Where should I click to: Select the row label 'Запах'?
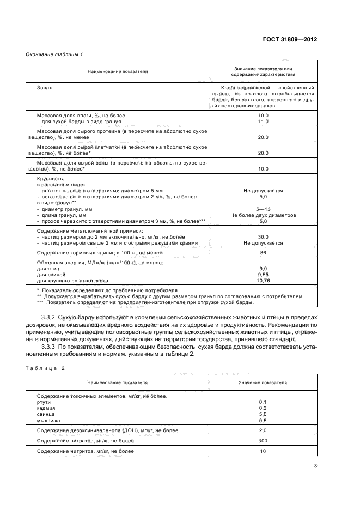tap(44, 87)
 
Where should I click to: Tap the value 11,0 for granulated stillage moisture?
tap(263, 122)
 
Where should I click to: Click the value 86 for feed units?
tap(263, 253)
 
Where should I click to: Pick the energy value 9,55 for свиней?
tap(263, 275)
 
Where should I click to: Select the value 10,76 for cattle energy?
tap(263, 280)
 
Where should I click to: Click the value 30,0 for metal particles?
tap(263, 237)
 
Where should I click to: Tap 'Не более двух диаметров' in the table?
tap(263, 216)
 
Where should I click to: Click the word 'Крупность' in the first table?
tap(50, 179)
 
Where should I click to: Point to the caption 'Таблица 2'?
tap(45, 369)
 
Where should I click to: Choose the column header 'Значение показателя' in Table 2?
tap(263, 383)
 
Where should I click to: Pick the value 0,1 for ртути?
tap(263, 402)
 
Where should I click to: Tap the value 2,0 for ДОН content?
tap(263, 431)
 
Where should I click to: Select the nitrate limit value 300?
tap(263, 441)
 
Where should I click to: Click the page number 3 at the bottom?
tap(315, 466)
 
